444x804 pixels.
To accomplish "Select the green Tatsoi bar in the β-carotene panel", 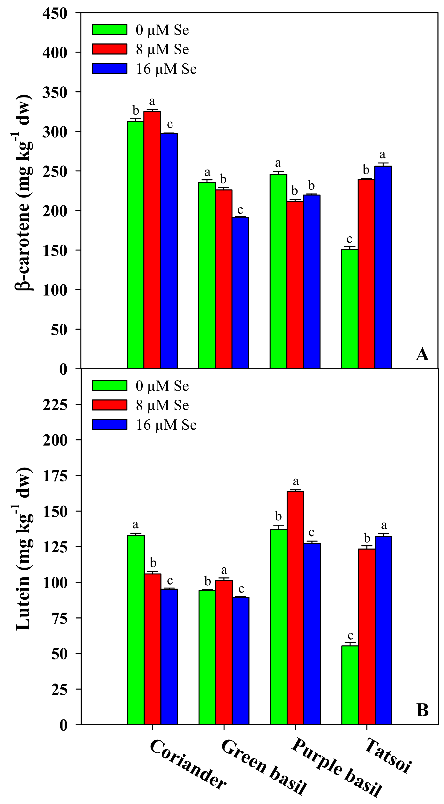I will pos(349,309).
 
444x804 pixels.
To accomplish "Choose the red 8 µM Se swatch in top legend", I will pos(110,49).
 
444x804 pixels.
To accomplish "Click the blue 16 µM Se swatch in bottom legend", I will pos(110,424).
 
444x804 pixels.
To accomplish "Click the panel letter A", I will pos(422,355).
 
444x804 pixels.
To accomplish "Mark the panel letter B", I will pos(422,710).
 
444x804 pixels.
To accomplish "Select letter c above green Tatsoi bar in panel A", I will pos(349,239).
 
